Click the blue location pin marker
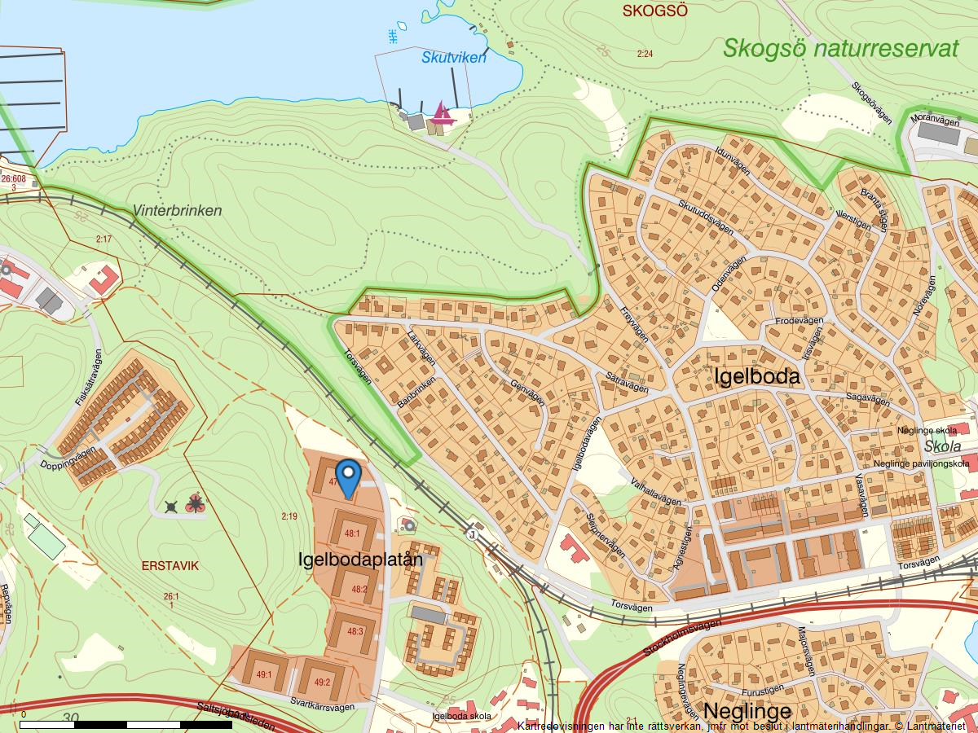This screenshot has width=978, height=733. click(x=348, y=476)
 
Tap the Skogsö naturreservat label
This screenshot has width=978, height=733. click(x=840, y=48)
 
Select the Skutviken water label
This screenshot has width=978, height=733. click(x=453, y=58)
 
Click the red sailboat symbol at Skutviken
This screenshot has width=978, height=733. click(x=442, y=112)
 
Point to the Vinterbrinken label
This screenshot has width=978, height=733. click(x=177, y=211)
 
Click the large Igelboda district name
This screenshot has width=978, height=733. click(x=756, y=377)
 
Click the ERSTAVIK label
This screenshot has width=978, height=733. click(x=170, y=565)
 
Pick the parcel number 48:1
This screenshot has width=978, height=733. click(x=352, y=533)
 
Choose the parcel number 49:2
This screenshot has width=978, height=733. click(x=321, y=683)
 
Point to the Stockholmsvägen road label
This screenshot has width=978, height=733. click(x=682, y=638)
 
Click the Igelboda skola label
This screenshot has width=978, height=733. click(x=463, y=716)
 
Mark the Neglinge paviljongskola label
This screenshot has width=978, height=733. click(x=921, y=463)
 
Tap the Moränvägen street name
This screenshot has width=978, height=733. click(x=935, y=120)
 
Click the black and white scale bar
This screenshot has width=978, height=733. click(x=126, y=723)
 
